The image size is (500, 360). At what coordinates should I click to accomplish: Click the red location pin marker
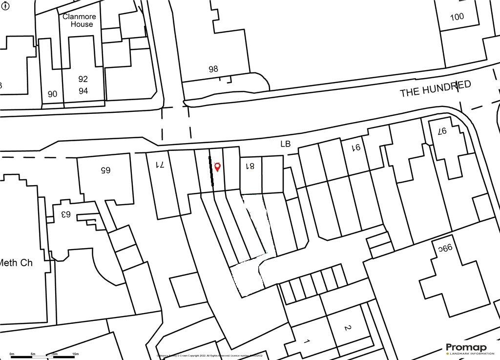(218, 167)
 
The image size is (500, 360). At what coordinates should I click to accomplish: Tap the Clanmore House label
(79, 20)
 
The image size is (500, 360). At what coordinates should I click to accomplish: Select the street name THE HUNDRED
(436, 89)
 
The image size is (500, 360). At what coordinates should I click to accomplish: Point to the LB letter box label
(285, 144)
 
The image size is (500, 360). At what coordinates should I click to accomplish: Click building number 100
(457, 17)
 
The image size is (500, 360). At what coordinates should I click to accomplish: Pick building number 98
(213, 69)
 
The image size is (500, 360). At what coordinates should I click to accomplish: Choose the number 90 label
(52, 94)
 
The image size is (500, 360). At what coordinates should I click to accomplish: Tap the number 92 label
(83, 79)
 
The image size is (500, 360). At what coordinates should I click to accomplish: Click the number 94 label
(83, 91)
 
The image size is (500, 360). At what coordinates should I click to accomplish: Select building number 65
(105, 170)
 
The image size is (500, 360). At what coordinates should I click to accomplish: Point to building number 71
(160, 165)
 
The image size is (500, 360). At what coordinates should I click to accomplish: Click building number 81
(250, 166)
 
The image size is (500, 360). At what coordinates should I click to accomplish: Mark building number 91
(357, 147)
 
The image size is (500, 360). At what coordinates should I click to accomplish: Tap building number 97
(442, 131)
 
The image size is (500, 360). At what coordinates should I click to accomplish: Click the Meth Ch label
(16, 263)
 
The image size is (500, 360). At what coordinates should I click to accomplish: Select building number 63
(65, 214)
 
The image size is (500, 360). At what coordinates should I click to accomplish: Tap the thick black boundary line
(212, 171)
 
